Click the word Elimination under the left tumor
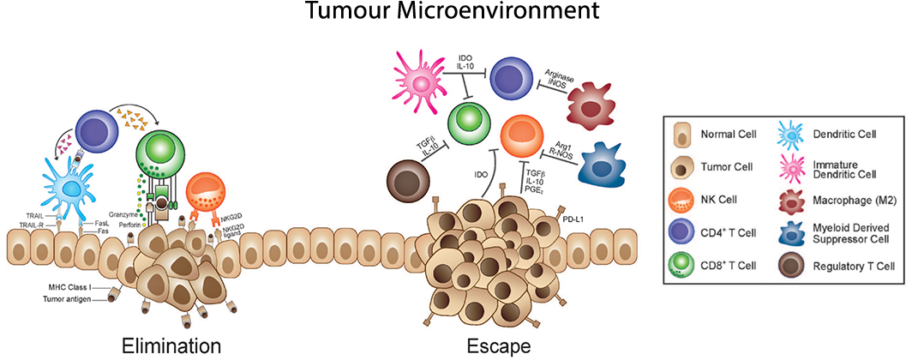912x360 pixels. [x=172, y=345]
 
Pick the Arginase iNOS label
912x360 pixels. [x=551, y=79]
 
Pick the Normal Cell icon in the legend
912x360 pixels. [x=679, y=135]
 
